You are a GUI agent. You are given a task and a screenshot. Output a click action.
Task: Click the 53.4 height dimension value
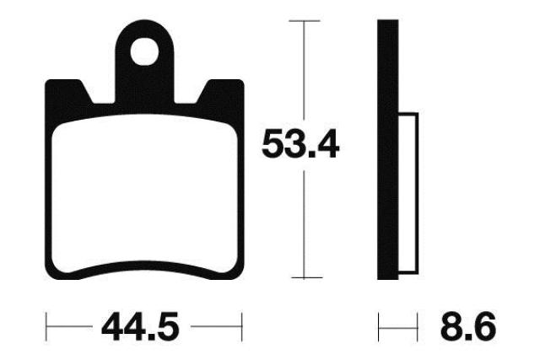point(300,143)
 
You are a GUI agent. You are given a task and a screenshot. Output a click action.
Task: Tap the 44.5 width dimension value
point(141,326)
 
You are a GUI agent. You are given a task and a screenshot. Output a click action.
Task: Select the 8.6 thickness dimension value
point(468,326)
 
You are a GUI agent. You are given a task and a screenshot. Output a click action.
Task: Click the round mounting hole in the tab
point(144,52)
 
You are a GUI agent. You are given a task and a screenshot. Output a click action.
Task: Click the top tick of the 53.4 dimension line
point(305,21)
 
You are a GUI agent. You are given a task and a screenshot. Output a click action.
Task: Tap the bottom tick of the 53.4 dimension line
point(306,277)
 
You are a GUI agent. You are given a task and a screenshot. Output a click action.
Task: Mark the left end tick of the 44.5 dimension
point(46,327)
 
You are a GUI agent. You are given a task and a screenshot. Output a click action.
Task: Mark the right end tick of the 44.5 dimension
point(242,327)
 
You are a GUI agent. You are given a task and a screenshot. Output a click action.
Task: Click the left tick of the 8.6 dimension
point(379,327)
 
